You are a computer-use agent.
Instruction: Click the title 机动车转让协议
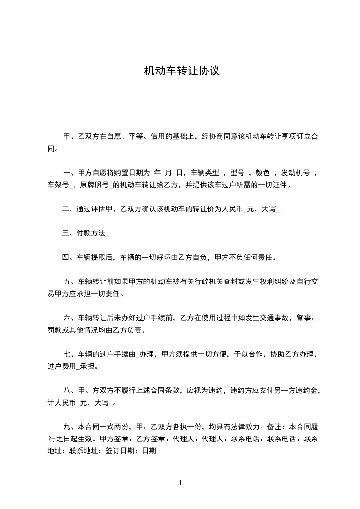click(x=182, y=71)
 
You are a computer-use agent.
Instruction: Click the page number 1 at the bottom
click(x=180, y=483)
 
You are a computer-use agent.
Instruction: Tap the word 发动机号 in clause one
click(x=296, y=173)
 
